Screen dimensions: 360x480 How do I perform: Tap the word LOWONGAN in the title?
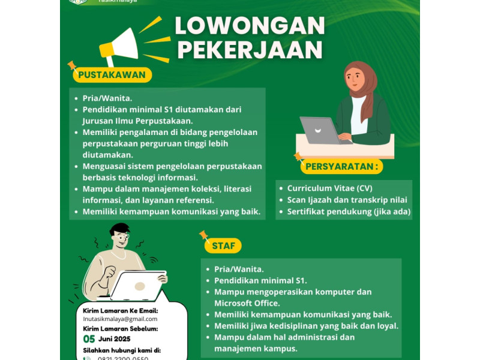[x=250, y=26]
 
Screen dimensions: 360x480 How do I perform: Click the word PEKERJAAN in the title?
[x=250, y=50]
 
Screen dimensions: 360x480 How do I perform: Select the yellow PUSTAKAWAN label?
[x=112, y=75]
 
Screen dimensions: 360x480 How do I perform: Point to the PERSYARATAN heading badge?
[x=343, y=166]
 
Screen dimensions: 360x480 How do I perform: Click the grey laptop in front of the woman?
[x=325, y=131]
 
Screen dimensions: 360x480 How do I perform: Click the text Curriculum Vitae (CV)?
[x=329, y=188]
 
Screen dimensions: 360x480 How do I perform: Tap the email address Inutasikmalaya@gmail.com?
[x=120, y=319]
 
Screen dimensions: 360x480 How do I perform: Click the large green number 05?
[x=89, y=339]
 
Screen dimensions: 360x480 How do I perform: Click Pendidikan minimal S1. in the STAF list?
[x=260, y=280]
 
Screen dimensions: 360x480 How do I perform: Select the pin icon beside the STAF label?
[x=203, y=235]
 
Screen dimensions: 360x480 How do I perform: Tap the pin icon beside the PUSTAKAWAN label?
[x=72, y=65]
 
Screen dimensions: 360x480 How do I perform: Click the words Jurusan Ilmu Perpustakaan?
[x=138, y=121]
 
